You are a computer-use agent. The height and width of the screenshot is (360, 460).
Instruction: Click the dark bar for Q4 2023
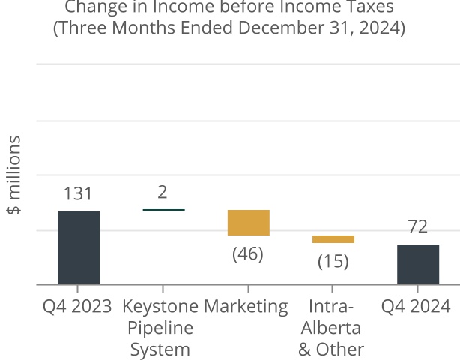click(79, 247)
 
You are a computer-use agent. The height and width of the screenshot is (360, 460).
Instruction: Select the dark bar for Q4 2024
click(418, 264)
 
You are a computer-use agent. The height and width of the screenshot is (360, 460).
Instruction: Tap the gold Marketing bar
click(248, 223)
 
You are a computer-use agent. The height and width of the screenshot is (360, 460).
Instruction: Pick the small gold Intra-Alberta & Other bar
click(333, 239)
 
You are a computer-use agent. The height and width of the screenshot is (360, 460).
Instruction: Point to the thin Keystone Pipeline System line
click(163, 210)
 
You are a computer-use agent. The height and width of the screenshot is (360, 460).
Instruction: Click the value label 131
click(78, 194)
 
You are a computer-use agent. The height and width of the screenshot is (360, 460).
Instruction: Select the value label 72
click(418, 226)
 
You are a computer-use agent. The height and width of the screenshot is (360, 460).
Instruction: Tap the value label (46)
click(248, 253)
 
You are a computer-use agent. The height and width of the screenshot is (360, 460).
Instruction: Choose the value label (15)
click(333, 262)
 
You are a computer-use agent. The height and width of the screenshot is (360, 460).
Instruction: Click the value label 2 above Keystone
click(163, 193)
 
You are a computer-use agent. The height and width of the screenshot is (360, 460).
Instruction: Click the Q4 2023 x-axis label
click(78, 306)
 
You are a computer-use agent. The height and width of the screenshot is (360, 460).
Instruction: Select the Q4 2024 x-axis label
click(416, 306)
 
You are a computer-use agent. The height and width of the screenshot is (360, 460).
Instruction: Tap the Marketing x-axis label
click(246, 306)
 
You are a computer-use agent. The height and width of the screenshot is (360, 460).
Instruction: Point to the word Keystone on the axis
click(160, 306)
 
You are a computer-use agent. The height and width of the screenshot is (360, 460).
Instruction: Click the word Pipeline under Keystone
click(160, 328)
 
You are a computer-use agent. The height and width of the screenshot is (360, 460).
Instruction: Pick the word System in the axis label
click(160, 349)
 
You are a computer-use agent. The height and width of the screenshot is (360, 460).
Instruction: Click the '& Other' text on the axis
click(331, 349)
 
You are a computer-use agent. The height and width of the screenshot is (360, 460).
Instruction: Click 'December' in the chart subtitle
click(252, 29)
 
